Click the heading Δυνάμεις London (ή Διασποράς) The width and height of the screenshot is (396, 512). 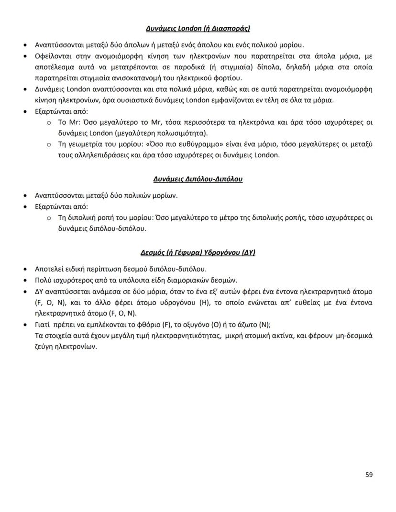click(198, 29)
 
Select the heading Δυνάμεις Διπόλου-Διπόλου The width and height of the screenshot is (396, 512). click(198, 179)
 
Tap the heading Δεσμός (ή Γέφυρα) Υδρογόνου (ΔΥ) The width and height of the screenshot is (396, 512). click(198, 252)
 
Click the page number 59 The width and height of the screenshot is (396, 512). click(369, 475)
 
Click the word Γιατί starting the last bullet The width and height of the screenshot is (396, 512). click(44, 325)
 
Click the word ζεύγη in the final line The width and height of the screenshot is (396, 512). click(44, 347)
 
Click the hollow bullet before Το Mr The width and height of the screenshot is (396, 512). click(49, 122)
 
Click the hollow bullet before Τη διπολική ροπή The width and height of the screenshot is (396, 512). click(49, 218)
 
